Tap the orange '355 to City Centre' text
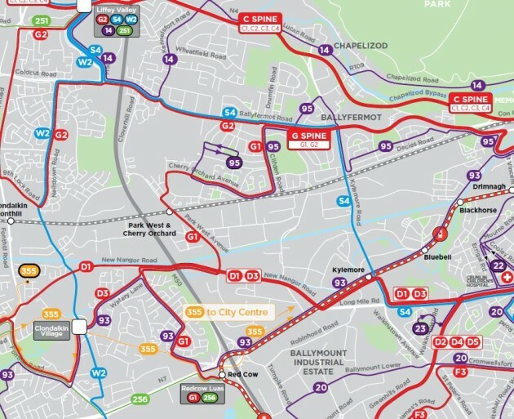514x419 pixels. (239, 310)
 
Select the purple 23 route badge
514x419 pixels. (421, 328)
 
